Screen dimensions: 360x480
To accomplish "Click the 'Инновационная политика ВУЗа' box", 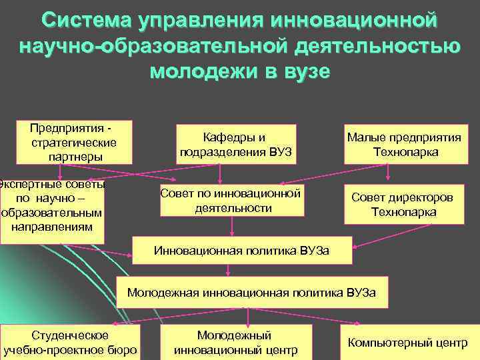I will pyautogui.click(x=241, y=251).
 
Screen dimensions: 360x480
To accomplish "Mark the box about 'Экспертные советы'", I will pyautogui.click(x=53, y=205).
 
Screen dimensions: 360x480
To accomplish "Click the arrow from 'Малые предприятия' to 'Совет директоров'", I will pyautogui.click(x=388, y=173).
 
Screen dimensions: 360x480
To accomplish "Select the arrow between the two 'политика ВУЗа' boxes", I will pyautogui.click(x=228, y=269).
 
